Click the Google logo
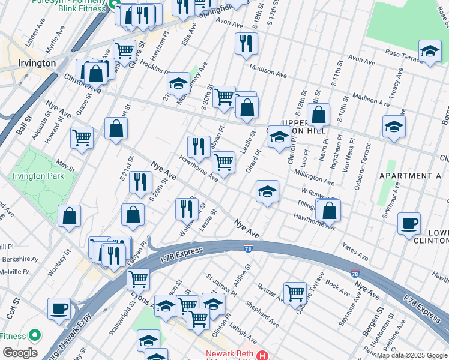click(x=20, y=352)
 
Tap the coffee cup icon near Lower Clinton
click(x=409, y=223)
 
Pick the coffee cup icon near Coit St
click(x=59, y=308)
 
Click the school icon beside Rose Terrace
click(x=430, y=52)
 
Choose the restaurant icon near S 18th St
click(x=246, y=43)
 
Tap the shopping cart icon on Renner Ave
click(x=295, y=293)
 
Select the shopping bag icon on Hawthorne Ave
click(x=329, y=210)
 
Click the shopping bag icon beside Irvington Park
click(x=70, y=216)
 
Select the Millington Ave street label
click(x=314, y=176)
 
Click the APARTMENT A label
click(x=410, y=176)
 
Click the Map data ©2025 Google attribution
click(x=412, y=355)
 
